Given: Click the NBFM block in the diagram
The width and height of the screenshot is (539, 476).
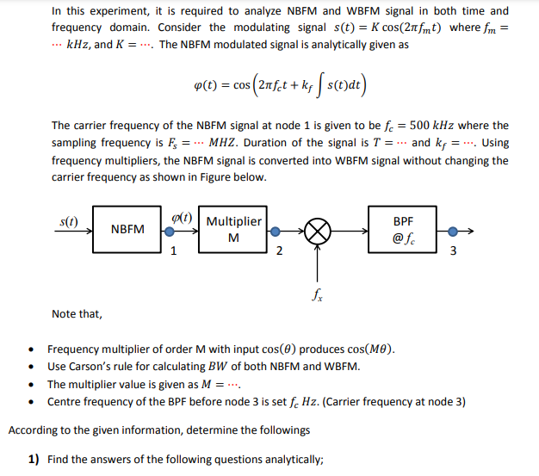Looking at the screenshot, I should (x=127, y=229).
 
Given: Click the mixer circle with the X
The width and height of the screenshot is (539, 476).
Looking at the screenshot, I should (x=319, y=231).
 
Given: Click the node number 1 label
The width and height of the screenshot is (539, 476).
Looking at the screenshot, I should (x=174, y=251).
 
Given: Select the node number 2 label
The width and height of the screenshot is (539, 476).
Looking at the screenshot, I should (x=278, y=251).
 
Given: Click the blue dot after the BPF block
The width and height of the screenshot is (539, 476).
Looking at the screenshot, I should (x=443, y=231).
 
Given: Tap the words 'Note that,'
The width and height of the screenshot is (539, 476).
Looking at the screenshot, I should (x=77, y=313).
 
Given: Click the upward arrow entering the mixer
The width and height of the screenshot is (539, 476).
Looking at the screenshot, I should (x=319, y=263).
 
